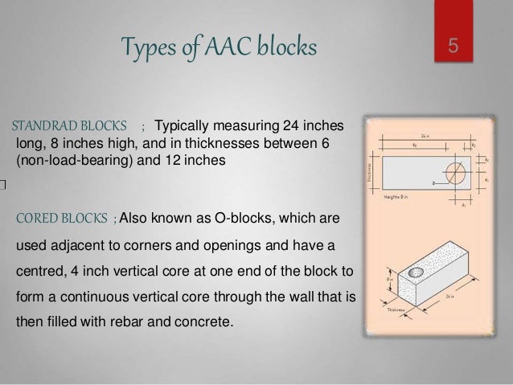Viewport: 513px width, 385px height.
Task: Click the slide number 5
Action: coord(454,46)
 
